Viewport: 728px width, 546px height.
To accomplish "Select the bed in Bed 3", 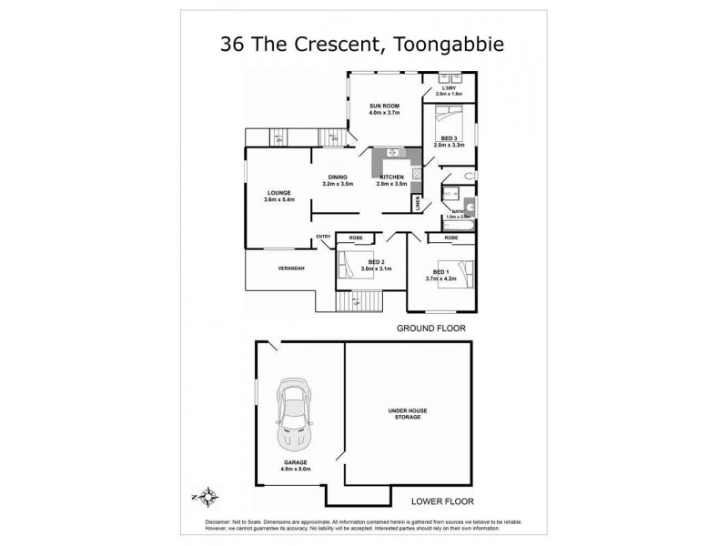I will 450,119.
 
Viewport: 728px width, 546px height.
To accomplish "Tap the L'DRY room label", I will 449,88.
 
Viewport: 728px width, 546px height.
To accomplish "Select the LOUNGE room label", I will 278,193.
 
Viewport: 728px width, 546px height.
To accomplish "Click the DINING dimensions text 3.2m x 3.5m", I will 338,184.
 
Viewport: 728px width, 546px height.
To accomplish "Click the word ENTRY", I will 323,238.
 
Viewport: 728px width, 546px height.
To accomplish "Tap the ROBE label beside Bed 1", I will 450,238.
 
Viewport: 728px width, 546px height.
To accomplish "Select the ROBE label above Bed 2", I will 356,238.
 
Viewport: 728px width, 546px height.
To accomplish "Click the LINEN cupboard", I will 418,206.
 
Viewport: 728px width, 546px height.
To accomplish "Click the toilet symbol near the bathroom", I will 466,175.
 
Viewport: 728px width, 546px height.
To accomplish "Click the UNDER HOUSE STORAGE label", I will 408,415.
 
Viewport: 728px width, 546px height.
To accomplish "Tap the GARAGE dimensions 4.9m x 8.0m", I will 296,470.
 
